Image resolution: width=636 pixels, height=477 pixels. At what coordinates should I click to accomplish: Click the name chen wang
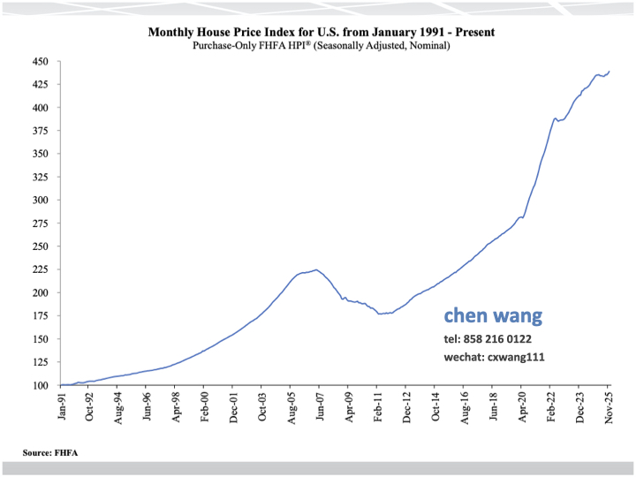click(x=493, y=315)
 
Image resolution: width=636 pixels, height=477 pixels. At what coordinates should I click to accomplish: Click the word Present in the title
click(x=473, y=32)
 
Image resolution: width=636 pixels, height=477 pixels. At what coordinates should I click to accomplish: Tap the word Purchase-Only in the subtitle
click(x=224, y=45)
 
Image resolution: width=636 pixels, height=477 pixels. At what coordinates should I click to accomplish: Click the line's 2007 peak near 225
click(x=315, y=269)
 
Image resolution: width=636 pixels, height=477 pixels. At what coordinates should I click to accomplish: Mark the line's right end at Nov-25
click(x=609, y=72)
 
